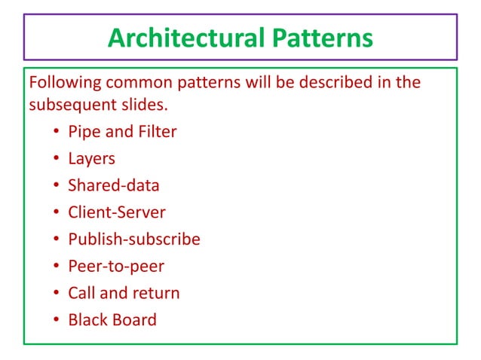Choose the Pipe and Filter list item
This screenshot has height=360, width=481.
click(122, 132)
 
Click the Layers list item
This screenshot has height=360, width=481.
click(92, 159)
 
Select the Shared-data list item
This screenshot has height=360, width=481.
click(114, 185)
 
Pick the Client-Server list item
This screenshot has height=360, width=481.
click(117, 212)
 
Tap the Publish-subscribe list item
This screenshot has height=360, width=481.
click(134, 239)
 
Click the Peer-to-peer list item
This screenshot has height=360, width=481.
click(116, 266)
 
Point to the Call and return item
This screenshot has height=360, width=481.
click(124, 293)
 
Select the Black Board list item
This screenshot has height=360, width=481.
click(112, 319)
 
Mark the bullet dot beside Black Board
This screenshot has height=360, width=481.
click(57, 320)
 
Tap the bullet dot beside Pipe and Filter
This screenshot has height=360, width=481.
click(57, 133)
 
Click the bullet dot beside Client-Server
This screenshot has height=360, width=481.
click(57, 213)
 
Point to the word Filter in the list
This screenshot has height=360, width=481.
click(158, 132)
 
